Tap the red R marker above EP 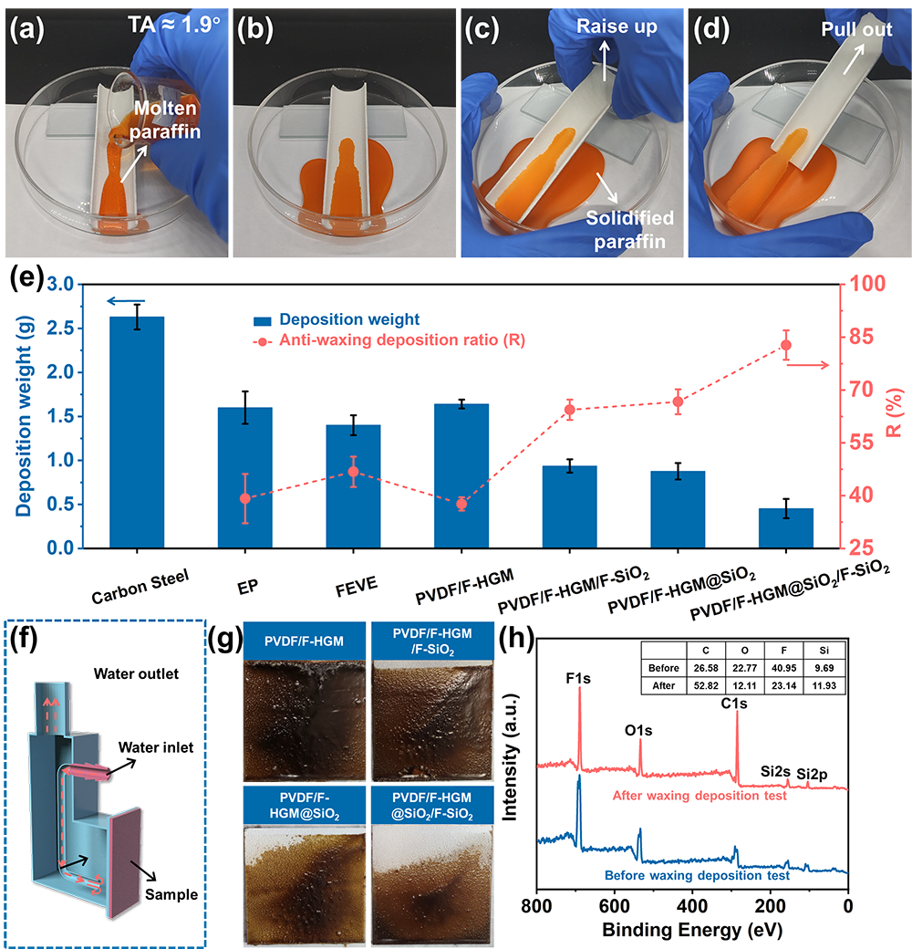click(x=244, y=498)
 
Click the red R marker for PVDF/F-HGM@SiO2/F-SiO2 click(x=786, y=345)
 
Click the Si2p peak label click(x=814, y=775)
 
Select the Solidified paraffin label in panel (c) click(x=630, y=229)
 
